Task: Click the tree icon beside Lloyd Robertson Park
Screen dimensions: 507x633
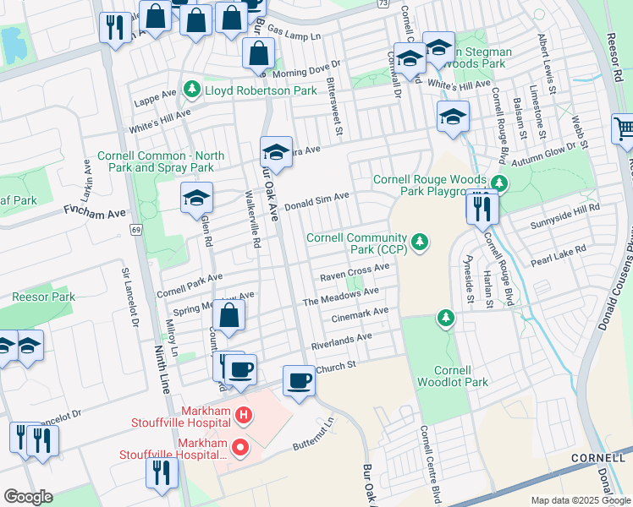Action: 193,89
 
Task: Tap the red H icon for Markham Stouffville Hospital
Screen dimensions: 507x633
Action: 244,415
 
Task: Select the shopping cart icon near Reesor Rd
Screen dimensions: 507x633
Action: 624,128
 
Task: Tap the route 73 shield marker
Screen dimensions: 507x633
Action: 384,4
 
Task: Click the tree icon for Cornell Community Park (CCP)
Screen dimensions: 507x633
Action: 419,243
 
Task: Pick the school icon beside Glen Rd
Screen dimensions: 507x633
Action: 196,199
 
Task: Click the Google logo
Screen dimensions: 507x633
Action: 28,496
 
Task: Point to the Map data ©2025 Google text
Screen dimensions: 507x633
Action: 580,500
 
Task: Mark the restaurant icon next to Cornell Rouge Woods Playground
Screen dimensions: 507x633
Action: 482,207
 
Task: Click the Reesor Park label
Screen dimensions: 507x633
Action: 43,297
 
